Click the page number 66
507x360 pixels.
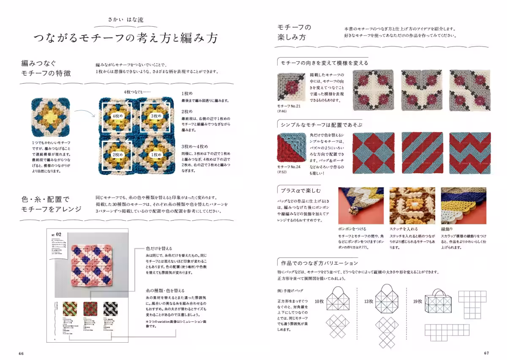[x=21, y=353]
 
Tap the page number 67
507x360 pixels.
[x=486, y=353]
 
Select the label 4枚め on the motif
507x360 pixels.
[x=117, y=115]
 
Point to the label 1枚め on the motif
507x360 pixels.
[x=156, y=155]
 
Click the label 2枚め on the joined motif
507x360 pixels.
[x=117, y=155]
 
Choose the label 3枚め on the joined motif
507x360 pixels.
[x=156, y=115]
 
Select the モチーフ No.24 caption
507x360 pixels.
[x=289, y=167]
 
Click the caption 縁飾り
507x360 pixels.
[x=447, y=229]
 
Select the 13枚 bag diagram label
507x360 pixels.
[x=368, y=301]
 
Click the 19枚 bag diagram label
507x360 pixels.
[x=418, y=301]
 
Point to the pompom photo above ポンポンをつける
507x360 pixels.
[x=361, y=205]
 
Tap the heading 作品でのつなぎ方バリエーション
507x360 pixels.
[x=317, y=262]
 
